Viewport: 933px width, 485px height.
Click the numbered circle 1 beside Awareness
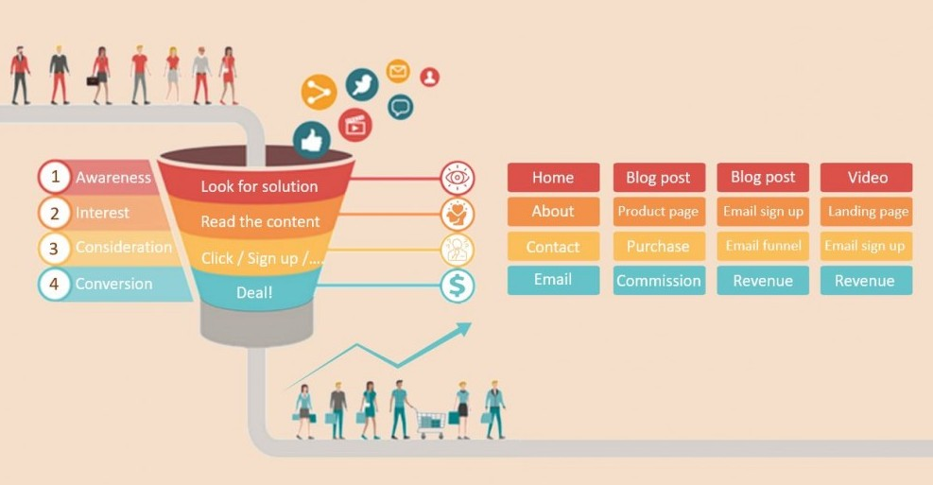click(55, 177)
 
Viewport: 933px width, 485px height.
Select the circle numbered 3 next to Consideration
click(55, 249)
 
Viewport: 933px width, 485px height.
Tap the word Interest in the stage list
click(102, 213)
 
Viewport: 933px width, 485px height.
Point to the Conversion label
click(113, 284)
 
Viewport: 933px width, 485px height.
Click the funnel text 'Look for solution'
click(259, 186)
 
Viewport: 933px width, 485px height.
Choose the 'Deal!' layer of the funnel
click(254, 293)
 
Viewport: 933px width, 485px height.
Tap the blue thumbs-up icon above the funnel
click(311, 140)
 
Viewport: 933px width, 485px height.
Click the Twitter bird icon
click(361, 85)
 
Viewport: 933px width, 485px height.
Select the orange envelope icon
click(398, 71)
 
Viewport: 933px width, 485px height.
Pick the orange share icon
click(319, 92)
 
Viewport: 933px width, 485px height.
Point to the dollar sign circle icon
click(458, 286)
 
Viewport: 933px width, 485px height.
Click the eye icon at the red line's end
click(458, 178)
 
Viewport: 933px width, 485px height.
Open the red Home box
click(553, 178)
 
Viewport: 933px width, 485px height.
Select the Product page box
click(658, 212)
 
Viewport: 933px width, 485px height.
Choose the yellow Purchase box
click(658, 246)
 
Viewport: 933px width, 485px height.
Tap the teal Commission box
click(658, 281)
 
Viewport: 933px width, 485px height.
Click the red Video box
click(867, 178)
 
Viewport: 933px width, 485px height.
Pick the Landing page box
click(867, 212)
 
